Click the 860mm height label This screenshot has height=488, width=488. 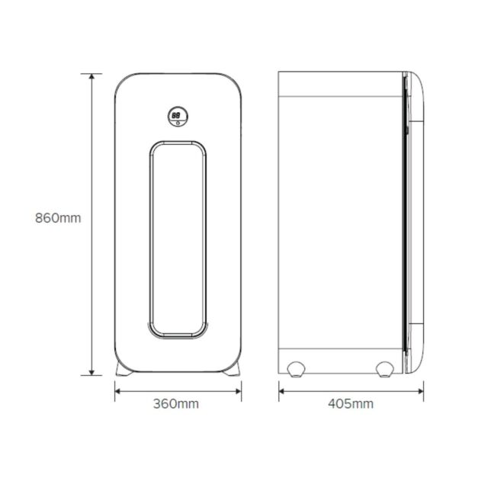58,218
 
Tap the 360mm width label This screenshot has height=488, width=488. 176,403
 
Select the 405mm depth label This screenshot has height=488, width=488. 351,403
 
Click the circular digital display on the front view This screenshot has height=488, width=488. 178,117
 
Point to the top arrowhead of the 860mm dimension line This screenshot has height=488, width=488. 91,76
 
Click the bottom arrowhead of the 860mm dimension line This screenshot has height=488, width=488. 91,373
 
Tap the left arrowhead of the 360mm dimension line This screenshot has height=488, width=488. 117,391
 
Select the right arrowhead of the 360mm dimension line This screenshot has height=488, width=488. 239,391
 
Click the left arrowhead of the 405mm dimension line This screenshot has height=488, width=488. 281,391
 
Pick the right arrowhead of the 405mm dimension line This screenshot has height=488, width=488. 420,391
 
